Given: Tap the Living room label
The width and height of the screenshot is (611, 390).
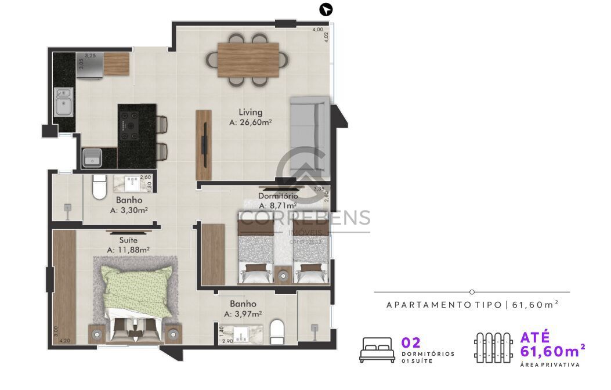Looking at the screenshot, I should click(x=251, y=112).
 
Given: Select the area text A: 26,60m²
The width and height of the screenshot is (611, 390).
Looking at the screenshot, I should click(x=251, y=122).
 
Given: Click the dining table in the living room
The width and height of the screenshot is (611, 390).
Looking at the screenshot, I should click(x=248, y=60).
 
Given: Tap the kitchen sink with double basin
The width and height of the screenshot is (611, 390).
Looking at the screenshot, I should click(x=63, y=102).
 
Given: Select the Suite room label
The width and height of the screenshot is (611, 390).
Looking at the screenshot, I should click(x=128, y=239).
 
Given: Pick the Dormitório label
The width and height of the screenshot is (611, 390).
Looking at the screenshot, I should click(x=278, y=196).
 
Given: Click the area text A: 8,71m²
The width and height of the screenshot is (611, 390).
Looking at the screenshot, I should click(x=278, y=205).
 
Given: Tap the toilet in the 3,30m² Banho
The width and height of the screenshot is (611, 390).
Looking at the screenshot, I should click(x=99, y=187).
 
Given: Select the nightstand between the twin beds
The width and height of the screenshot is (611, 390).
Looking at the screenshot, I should click(x=283, y=273).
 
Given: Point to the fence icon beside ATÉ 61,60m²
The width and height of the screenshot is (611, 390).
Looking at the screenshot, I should click(x=493, y=348).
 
